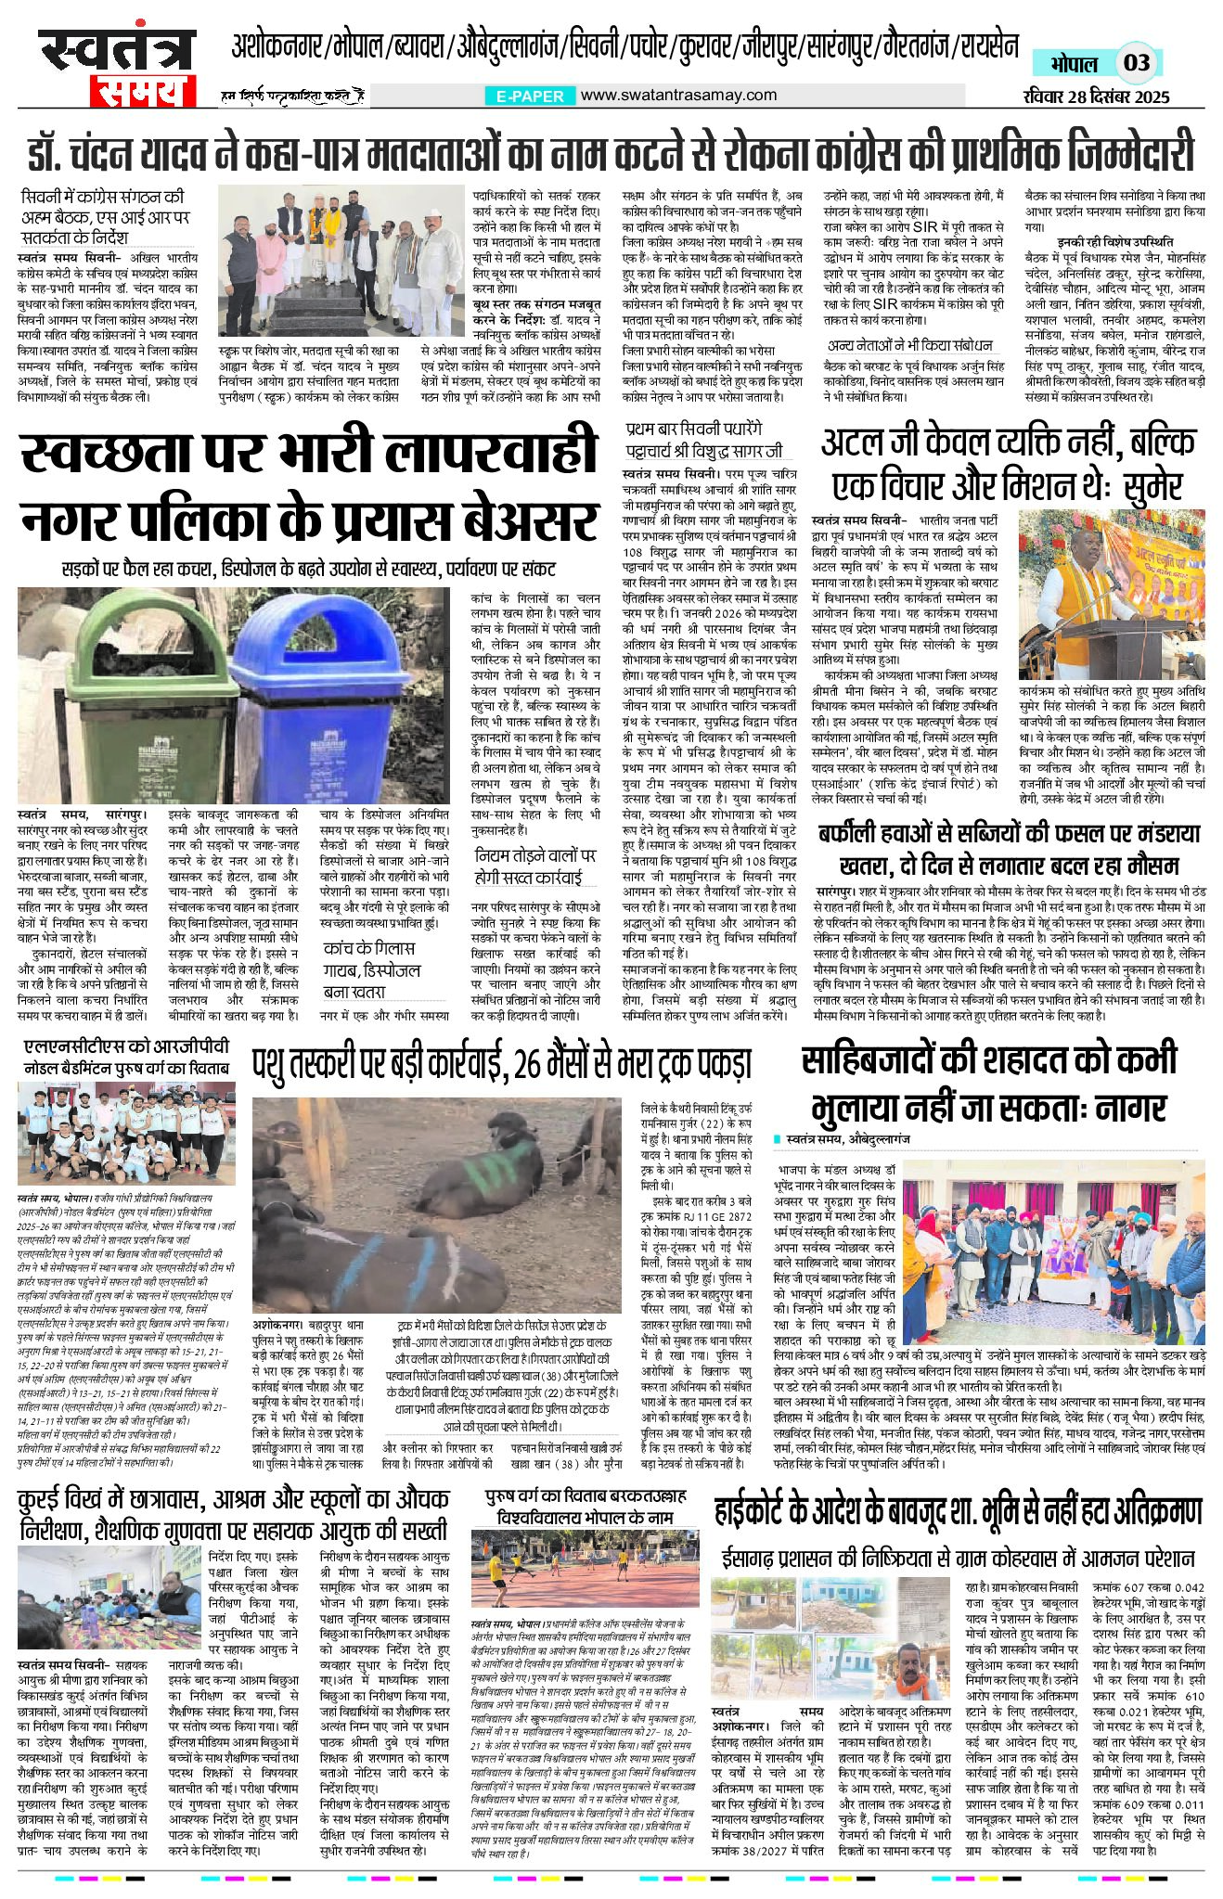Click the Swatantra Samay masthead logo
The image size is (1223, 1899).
[x=117, y=68]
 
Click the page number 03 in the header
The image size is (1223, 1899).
[x=1137, y=63]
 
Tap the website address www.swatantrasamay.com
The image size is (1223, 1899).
[x=679, y=95]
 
